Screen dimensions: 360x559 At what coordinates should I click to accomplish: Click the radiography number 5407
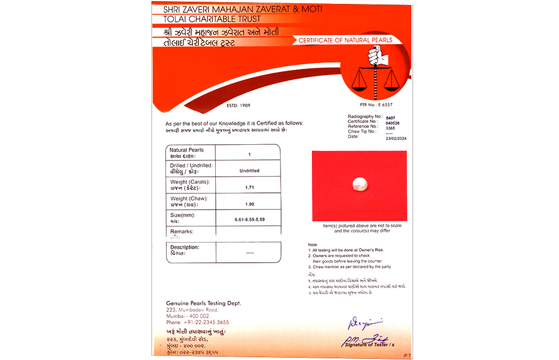coord(390,117)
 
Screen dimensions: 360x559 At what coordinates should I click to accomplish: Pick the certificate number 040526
coord(393,122)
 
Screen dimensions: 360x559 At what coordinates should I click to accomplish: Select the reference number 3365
coord(390,127)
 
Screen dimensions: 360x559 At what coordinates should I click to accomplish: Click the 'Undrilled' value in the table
coord(248,170)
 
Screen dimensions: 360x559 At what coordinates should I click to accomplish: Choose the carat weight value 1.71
coord(248,187)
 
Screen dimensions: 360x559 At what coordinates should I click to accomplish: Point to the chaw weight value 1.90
coord(248,203)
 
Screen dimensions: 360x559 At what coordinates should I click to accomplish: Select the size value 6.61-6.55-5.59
coord(249,219)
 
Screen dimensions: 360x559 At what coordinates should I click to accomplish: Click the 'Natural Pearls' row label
coord(187,150)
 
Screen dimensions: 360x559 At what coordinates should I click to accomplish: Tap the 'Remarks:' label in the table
coord(182,231)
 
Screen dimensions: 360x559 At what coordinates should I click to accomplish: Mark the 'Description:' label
coord(184,247)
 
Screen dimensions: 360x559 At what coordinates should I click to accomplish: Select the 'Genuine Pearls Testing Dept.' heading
coord(203,302)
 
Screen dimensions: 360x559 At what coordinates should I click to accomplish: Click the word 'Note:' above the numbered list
coord(313,245)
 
